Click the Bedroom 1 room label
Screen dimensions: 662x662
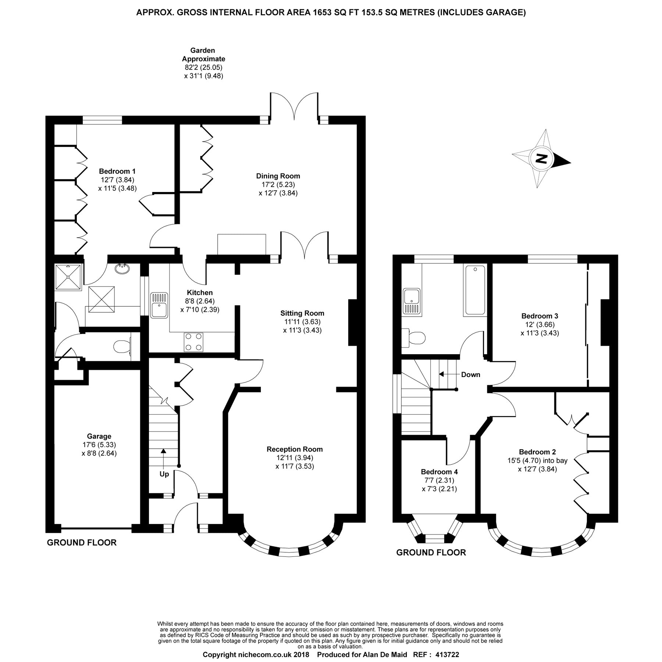tap(117, 171)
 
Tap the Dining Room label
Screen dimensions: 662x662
tap(278, 176)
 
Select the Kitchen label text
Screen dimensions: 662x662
tap(200, 293)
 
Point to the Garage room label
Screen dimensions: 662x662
tap(99, 437)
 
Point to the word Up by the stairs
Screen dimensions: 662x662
tap(164, 474)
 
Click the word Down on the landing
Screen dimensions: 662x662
tap(471, 374)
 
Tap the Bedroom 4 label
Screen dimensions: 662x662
tap(439, 472)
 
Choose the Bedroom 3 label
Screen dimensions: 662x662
tap(540, 316)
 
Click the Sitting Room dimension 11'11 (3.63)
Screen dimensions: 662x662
tap(302, 322)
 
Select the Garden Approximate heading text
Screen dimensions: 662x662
tap(203, 54)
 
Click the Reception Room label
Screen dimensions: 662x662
tap(295, 449)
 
